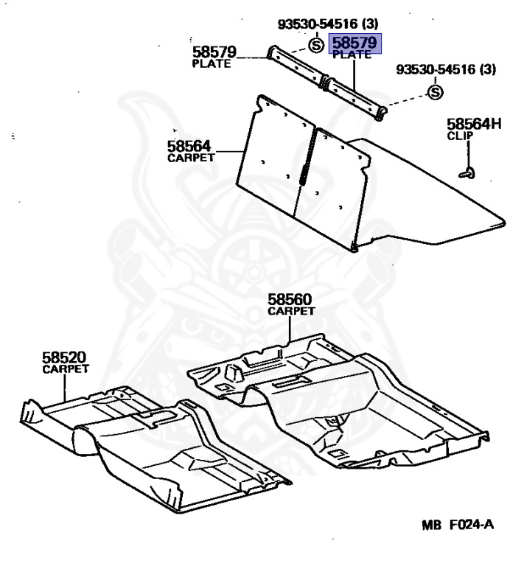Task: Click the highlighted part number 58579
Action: [355, 43]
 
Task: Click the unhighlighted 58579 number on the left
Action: [214, 52]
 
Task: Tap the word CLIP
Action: [459, 136]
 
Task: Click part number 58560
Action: [290, 300]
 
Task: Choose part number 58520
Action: [66, 357]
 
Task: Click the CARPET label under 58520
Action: [66, 368]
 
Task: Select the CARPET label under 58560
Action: [290, 311]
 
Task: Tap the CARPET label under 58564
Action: [191, 157]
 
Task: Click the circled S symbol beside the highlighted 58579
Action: [315, 46]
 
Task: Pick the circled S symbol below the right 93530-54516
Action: [435, 92]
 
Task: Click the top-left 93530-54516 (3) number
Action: [327, 25]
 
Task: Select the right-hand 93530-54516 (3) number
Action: [446, 70]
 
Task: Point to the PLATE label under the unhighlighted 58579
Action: [212, 63]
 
